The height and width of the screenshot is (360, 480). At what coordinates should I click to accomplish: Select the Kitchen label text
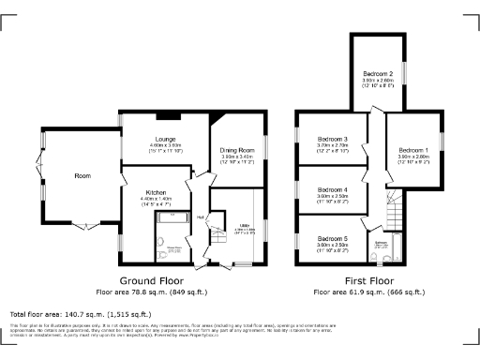(x=156, y=191)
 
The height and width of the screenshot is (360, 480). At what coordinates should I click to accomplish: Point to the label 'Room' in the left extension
(x=82, y=175)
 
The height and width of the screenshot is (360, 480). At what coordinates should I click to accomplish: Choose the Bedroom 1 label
(x=412, y=150)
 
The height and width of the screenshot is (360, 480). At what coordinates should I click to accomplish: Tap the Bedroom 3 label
(x=332, y=139)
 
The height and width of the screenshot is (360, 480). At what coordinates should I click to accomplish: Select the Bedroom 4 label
(x=332, y=189)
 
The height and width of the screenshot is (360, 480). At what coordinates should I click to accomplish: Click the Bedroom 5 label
(x=332, y=239)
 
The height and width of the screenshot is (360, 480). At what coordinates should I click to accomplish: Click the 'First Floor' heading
(x=368, y=280)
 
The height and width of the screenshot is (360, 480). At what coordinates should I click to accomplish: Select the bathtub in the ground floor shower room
(x=171, y=217)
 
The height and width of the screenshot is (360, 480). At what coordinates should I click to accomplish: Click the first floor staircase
(x=395, y=210)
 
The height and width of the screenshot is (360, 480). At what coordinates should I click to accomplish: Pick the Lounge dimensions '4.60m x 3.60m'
(x=165, y=146)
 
